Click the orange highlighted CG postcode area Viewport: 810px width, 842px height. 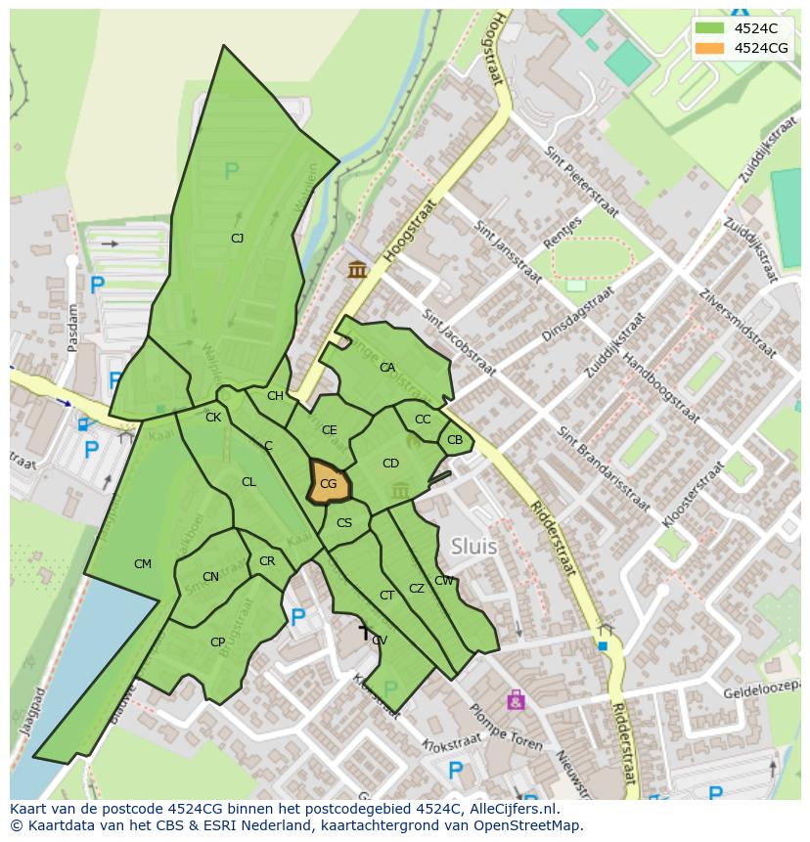[329, 483]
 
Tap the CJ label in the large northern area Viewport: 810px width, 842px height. [237, 238]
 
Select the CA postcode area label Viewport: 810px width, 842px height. [387, 368]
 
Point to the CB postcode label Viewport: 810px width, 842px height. [455, 440]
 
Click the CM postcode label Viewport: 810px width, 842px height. [143, 564]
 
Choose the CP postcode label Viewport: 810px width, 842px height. [217, 643]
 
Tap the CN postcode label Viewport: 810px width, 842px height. [210, 577]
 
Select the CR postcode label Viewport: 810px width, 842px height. [267, 561]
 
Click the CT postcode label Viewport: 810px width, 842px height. [386, 596]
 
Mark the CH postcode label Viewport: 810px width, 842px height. [275, 396]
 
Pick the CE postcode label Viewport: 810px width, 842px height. [330, 430]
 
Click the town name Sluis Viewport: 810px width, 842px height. [473, 547]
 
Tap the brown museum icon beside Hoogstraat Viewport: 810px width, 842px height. [357, 269]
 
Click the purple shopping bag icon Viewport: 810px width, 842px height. [516, 700]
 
